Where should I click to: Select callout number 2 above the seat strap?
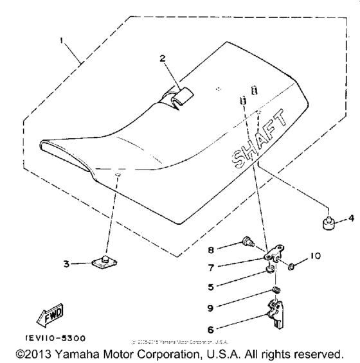click(x=163, y=58)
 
